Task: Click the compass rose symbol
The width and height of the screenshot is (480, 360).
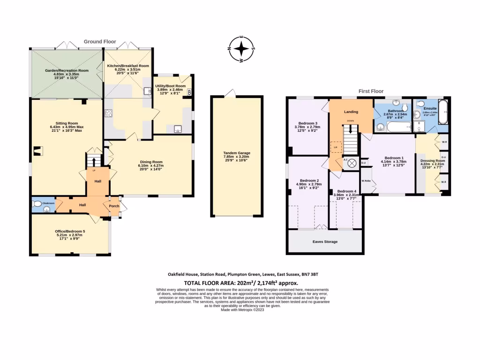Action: pos(241,49)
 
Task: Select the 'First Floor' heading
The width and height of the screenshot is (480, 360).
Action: pos(371,91)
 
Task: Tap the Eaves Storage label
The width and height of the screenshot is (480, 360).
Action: pos(325,242)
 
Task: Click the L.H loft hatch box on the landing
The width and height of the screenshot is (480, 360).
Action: pos(335,147)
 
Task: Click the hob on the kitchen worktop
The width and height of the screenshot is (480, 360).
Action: pos(109,112)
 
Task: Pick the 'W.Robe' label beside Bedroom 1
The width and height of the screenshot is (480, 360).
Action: pos(366,181)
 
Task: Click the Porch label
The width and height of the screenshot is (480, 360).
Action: pos(114,206)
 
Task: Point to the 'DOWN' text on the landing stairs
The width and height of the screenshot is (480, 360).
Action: pos(350,120)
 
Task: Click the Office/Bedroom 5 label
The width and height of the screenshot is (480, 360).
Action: pos(70,231)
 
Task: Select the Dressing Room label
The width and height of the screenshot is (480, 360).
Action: pos(432,161)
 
